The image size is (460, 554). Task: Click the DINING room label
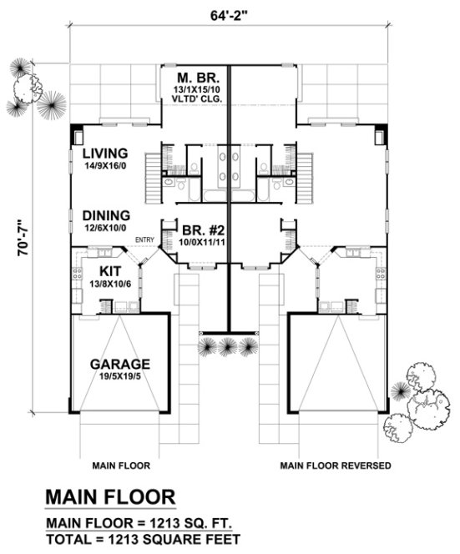[104, 214]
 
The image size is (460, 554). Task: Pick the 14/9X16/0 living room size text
[104, 167]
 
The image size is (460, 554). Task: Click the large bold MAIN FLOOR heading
[110, 497]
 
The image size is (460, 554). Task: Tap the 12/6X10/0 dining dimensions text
[104, 227]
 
